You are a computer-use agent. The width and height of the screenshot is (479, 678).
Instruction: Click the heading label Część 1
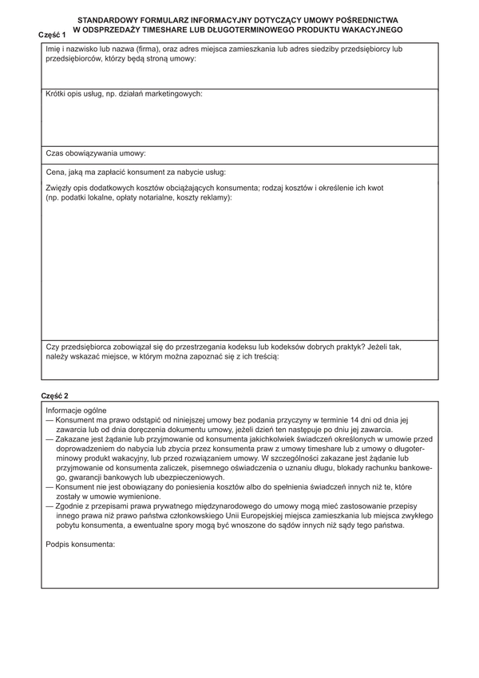coord(52,35)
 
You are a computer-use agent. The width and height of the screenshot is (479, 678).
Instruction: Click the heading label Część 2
coord(55,396)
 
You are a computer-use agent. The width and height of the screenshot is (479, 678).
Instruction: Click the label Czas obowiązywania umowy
coord(96,153)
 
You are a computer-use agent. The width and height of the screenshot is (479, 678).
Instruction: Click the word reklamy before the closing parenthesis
coord(215,197)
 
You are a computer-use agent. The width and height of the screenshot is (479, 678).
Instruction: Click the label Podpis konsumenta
coord(81,545)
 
